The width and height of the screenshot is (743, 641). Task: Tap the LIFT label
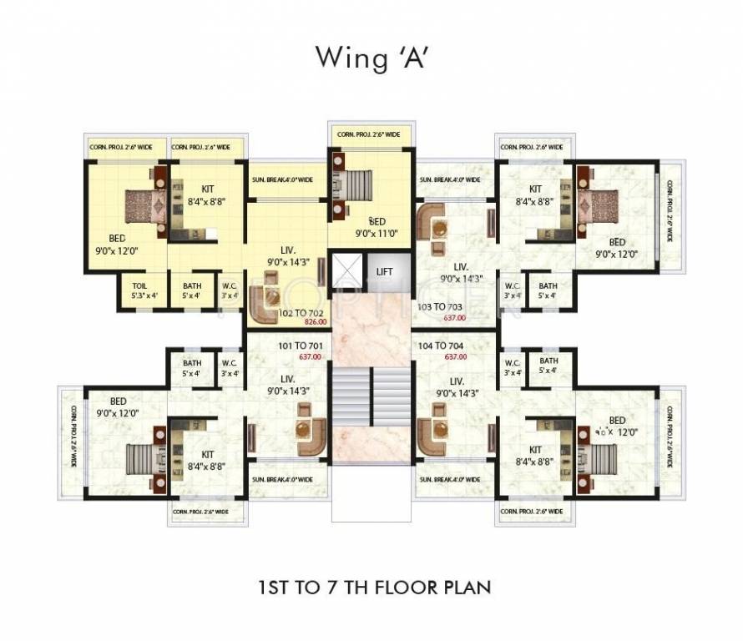click(x=384, y=271)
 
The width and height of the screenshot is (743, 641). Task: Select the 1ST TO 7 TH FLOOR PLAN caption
click(x=371, y=587)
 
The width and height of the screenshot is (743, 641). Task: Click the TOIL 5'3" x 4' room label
click(x=139, y=290)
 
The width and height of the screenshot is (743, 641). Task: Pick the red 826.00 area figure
click(x=314, y=322)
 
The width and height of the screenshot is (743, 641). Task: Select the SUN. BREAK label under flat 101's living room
click(x=282, y=479)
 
